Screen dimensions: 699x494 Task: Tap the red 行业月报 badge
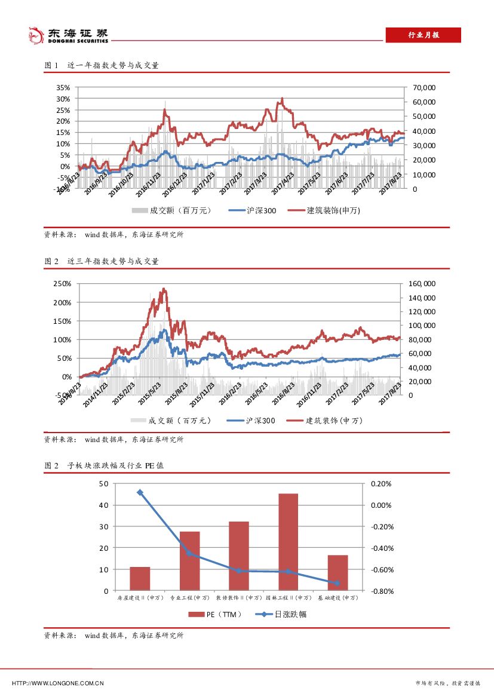423,35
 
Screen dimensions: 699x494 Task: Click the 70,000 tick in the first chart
424,87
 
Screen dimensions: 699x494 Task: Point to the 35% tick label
63,87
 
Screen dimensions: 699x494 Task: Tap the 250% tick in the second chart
63,284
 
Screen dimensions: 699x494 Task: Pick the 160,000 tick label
422,284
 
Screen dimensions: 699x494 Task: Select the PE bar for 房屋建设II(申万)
140,578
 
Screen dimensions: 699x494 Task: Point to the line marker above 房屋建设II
140,492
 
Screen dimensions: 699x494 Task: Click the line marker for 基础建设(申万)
337,583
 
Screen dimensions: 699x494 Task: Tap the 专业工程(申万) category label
189,597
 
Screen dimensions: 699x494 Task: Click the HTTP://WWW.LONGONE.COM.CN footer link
59,683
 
